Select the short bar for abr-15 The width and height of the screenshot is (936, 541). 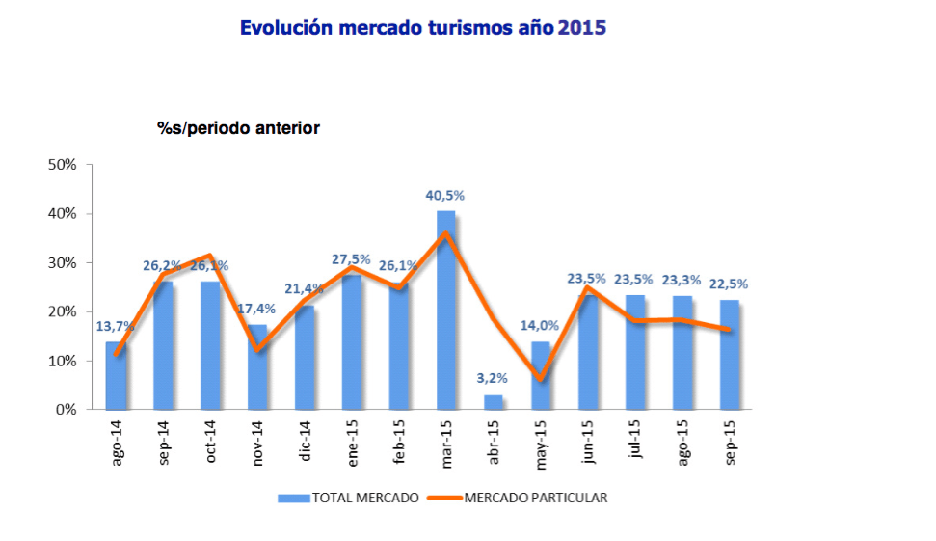point(493,402)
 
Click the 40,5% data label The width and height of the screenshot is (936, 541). point(445,195)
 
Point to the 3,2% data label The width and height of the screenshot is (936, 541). point(493,378)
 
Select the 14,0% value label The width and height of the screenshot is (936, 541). point(540,326)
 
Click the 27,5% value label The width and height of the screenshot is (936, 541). point(351,259)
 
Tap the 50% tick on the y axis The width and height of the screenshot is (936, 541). point(63,165)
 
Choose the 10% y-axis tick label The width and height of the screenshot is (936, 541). point(63,361)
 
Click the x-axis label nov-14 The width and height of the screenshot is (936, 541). point(258,443)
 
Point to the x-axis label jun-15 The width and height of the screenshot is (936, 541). point(588,443)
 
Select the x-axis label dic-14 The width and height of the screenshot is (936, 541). point(306,441)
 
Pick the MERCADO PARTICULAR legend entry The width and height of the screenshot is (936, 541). point(535,498)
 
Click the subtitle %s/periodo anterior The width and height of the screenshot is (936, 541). point(239,127)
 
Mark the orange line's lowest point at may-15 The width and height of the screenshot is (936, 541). point(541,380)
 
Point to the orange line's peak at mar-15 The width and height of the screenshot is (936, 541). point(446,233)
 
